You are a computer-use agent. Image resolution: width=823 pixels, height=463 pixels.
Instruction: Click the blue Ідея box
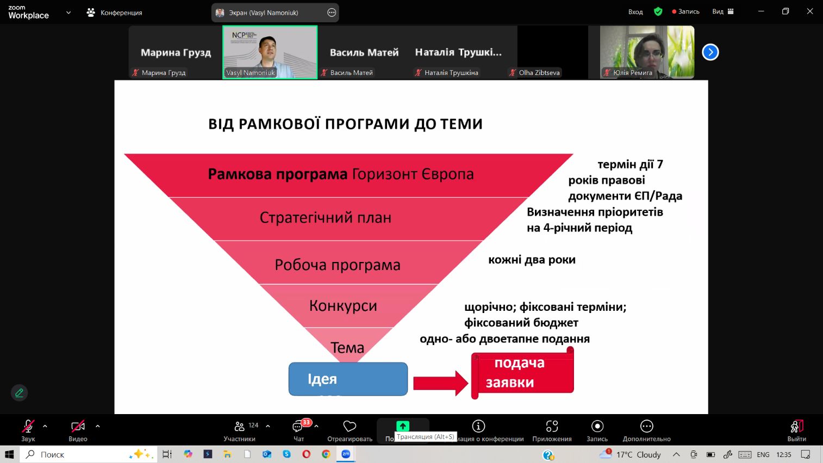click(348, 379)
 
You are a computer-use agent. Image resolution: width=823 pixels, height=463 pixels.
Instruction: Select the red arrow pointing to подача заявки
click(440, 383)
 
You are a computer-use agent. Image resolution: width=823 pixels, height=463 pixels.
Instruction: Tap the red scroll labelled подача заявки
click(522, 373)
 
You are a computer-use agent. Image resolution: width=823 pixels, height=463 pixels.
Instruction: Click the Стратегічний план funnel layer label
click(326, 218)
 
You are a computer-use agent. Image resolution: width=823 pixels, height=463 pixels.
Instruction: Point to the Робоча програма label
click(337, 265)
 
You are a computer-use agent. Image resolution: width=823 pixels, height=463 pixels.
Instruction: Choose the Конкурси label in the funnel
click(343, 305)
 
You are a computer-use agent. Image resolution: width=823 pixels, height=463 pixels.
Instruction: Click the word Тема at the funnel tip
click(347, 347)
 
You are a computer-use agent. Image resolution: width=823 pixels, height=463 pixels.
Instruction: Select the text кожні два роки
click(532, 260)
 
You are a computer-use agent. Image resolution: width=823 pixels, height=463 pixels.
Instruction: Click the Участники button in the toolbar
click(240, 431)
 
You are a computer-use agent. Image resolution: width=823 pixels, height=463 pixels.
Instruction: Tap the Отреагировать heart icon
click(350, 426)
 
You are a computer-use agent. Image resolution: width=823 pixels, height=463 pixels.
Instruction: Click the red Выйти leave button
click(796, 431)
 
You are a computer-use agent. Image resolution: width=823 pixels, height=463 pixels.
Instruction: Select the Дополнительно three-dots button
click(647, 431)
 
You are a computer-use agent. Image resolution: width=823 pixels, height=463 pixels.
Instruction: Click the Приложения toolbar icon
click(552, 431)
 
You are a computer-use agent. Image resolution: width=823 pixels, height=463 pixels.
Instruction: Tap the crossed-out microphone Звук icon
click(28, 426)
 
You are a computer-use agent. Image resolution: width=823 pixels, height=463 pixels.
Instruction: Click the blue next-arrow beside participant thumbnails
click(710, 52)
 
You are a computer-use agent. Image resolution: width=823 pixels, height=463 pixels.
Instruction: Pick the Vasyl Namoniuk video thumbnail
click(270, 52)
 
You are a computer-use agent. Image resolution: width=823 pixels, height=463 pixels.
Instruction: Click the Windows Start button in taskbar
click(9, 454)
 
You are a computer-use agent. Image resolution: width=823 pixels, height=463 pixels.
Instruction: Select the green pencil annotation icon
click(20, 393)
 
